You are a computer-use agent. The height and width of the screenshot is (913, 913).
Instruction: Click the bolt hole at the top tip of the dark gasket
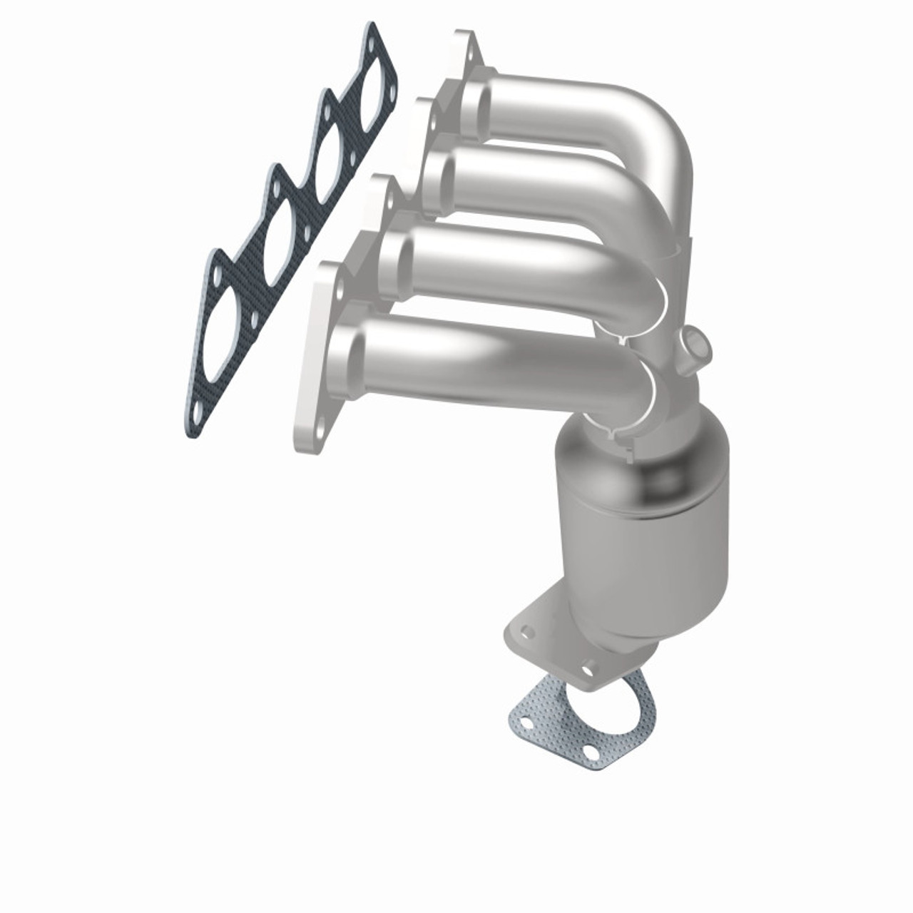(372, 42)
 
